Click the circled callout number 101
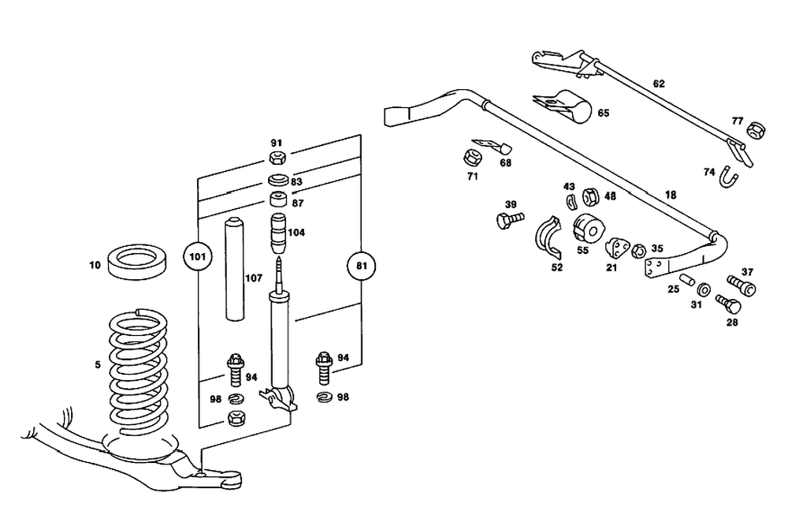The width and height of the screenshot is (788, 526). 197,256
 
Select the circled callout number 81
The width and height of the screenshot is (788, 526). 361,267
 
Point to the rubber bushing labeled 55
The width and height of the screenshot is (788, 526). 588,229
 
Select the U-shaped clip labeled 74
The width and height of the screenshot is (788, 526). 729,181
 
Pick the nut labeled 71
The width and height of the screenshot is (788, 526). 474,155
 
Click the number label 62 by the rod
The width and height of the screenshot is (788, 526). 659,83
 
